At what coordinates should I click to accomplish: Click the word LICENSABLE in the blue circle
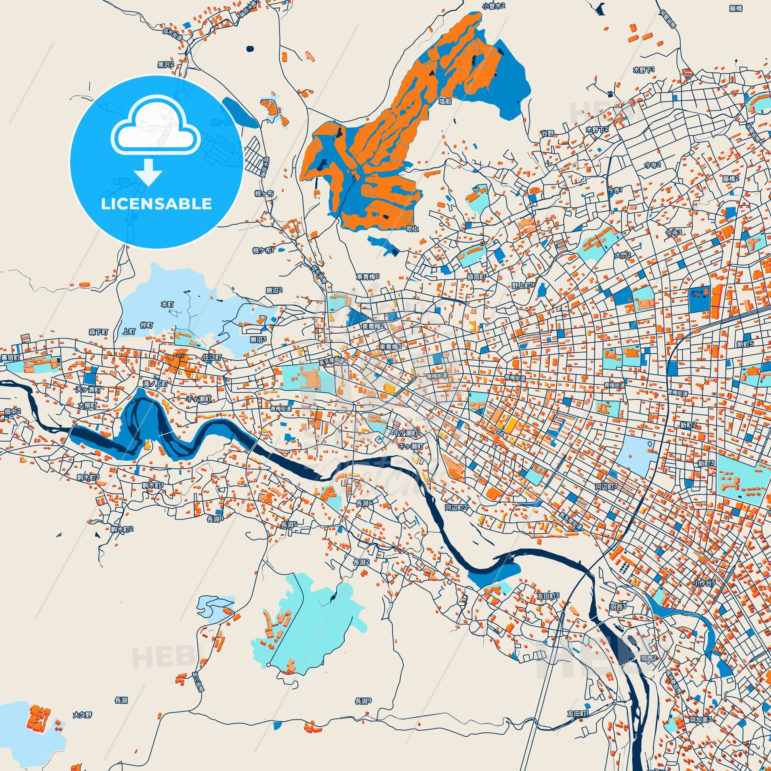(156, 204)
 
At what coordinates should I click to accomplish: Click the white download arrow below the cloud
(148, 171)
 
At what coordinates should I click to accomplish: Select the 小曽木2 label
(494, 6)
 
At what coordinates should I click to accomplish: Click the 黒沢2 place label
(166, 64)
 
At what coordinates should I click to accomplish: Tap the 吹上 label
(412, 229)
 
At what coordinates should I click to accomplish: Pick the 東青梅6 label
(368, 277)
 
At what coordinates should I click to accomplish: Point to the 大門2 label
(622, 255)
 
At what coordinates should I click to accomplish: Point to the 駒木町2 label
(122, 529)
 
